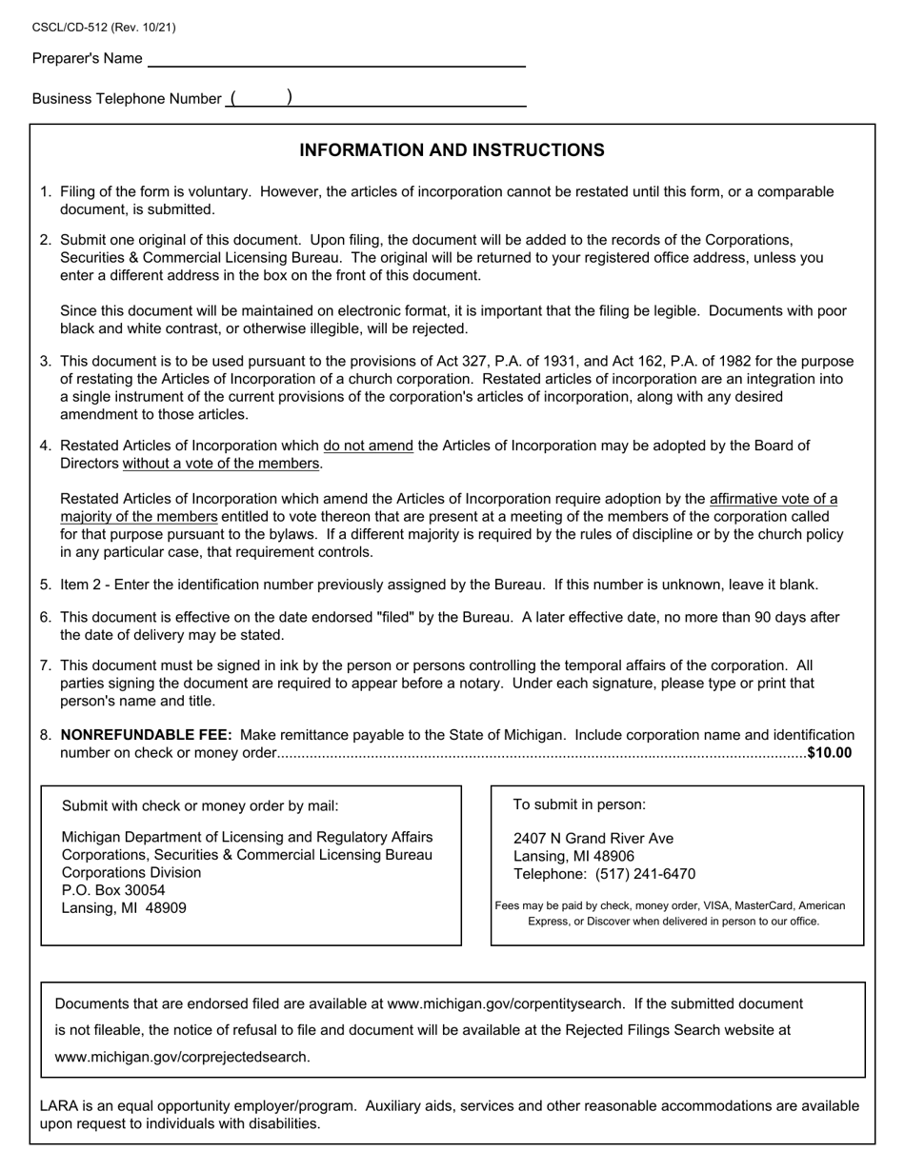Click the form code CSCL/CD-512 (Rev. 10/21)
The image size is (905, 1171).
coord(104,28)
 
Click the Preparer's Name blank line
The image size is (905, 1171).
coord(336,60)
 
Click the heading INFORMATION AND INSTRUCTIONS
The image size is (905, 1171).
coord(452,150)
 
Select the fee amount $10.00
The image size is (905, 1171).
coord(829,753)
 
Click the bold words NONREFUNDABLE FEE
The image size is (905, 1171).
coord(146,735)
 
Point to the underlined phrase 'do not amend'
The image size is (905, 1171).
coord(369,446)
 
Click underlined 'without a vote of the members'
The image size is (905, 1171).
coord(222,464)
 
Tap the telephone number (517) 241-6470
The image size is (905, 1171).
coord(645,874)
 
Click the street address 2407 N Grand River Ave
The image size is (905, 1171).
coord(593,839)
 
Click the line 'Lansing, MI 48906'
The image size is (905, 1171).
coord(574,857)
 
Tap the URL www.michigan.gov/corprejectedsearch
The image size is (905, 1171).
coord(182,1057)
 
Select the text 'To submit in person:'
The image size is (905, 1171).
coord(579,804)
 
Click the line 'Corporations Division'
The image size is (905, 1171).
coord(131,873)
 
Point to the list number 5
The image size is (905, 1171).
coord(45,585)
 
